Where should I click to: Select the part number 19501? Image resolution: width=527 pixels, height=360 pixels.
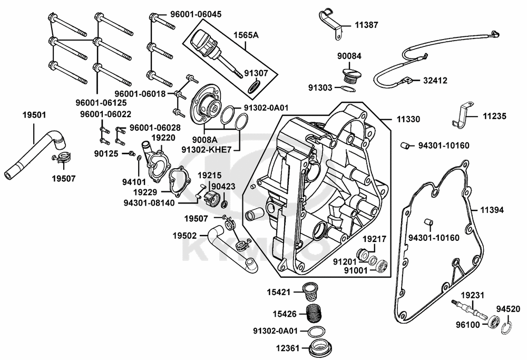pyautogui.click(x=34, y=114)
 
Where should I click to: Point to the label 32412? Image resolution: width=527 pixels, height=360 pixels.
pyautogui.click(x=435, y=81)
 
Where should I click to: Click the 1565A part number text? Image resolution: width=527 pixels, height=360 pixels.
pyautogui.click(x=246, y=35)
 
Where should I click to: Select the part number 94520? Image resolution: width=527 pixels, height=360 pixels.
pyautogui.click(x=508, y=308)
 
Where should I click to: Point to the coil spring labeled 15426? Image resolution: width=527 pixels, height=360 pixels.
pyautogui.click(x=315, y=314)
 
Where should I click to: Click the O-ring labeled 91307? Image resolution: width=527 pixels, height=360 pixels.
pyautogui.click(x=253, y=86)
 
